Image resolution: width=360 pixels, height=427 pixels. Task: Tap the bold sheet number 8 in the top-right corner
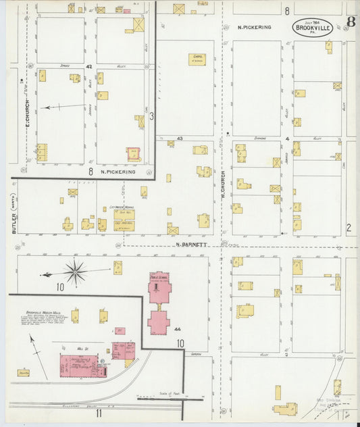(x=351, y=21)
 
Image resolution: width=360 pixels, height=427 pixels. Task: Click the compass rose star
(x=76, y=272)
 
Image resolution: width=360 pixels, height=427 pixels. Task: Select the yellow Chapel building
(x=197, y=59)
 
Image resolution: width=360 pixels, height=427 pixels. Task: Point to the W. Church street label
(x=222, y=184)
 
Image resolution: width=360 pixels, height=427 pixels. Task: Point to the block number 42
(x=89, y=67)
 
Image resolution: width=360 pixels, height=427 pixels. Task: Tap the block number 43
(x=180, y=138)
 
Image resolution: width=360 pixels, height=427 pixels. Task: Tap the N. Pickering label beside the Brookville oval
(x=255, y=27)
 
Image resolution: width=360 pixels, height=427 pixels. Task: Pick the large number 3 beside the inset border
(x=152, y=116)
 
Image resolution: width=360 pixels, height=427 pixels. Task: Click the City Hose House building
(x=124, y=216)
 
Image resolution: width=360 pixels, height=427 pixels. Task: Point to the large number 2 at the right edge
(x=349, y=228)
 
